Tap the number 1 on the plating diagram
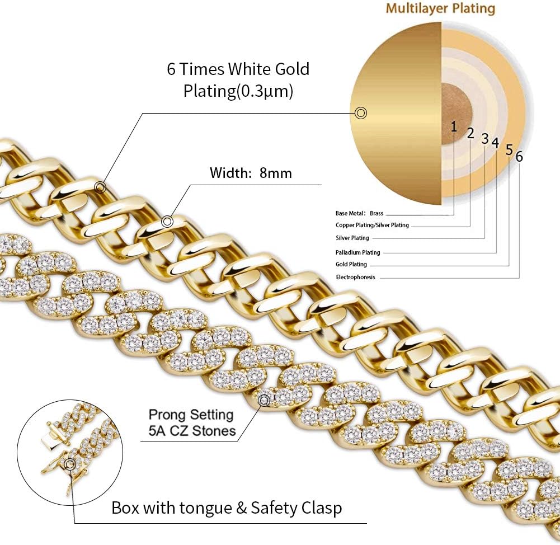coord(454,125)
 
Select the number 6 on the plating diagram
coord(519,157)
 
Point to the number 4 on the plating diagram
coord(495,142)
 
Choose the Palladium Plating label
coord(358,252)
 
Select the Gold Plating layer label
coord(351,265)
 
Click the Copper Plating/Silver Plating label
coord(372,225)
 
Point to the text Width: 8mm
coord(251,173)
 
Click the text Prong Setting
coord(191,415)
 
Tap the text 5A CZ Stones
coord(191,431)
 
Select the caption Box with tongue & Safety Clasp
coord(227,509)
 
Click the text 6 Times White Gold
coord(238,69)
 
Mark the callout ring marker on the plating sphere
coord(361,113)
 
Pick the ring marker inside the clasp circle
coord(70,464)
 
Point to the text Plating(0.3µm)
coord(238,91)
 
